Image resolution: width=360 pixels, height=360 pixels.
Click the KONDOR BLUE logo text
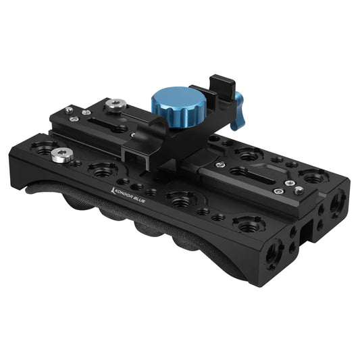coord(129,192)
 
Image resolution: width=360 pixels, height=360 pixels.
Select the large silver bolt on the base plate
coord(62,156)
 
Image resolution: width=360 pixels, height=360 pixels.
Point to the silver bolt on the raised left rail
coord(118,104)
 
